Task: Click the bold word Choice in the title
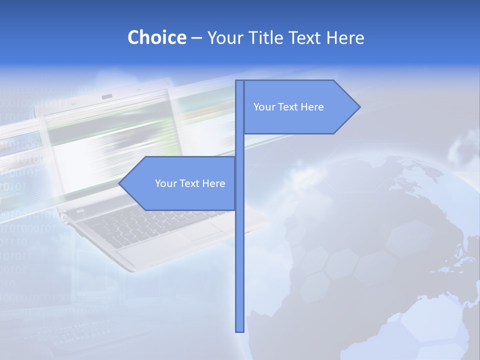tap(156, 37)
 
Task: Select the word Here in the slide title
tap(345, 37)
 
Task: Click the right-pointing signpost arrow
tap(300, 107)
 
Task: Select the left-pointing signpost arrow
tap(180, 183)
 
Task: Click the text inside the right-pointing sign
tap(288, 107)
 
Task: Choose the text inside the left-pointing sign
tap(190, 183)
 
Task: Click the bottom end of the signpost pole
tap(239, 329)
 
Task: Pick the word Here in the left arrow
tap(213, 183)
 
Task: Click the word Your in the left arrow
tap(165, 183)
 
